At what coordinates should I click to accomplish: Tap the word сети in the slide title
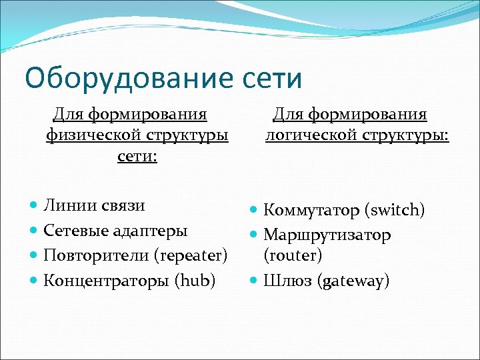point(268,78)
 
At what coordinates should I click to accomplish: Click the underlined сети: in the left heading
point(137,158)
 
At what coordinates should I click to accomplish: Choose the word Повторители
point(96,255)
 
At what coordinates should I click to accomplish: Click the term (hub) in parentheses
point(195,281)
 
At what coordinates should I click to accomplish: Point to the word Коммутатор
point(311,211)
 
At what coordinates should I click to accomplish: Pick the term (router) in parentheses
point(293,255)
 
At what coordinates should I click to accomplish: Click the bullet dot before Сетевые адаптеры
point(34,231)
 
